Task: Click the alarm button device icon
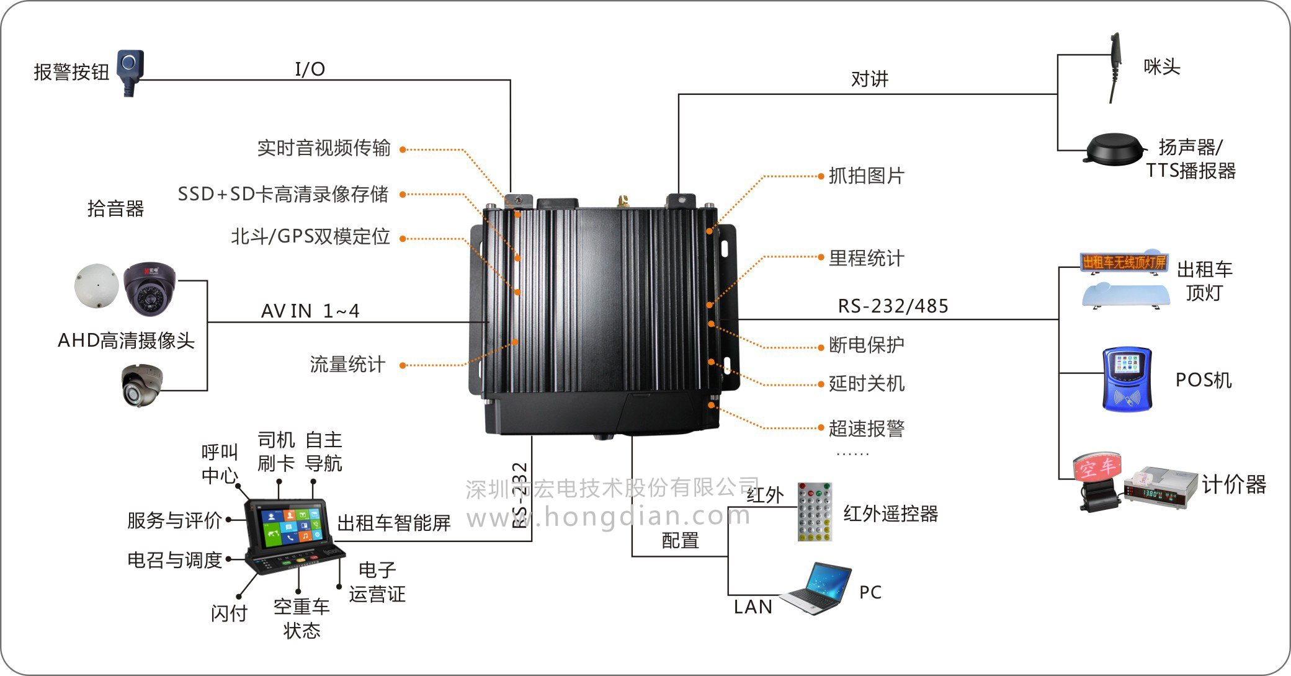pos(131,71)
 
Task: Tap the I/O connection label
pos(310,69)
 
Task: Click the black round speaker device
pos(1114,149)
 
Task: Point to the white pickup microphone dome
pos(96,286)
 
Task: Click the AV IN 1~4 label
pos(310,311)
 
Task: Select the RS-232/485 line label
pos(893,306)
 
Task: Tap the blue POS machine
pos(1127,379)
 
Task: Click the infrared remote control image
pos(815,512)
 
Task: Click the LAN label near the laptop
pos(753,607)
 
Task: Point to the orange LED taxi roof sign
pos(1123,262)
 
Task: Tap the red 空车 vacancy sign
pos(1097,466)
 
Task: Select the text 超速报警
pos(866,428)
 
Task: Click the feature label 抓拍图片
pos(866,176)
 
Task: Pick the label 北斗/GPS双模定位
pos(310,236)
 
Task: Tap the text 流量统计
pos(347,364)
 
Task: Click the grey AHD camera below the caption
pos(141,385)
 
